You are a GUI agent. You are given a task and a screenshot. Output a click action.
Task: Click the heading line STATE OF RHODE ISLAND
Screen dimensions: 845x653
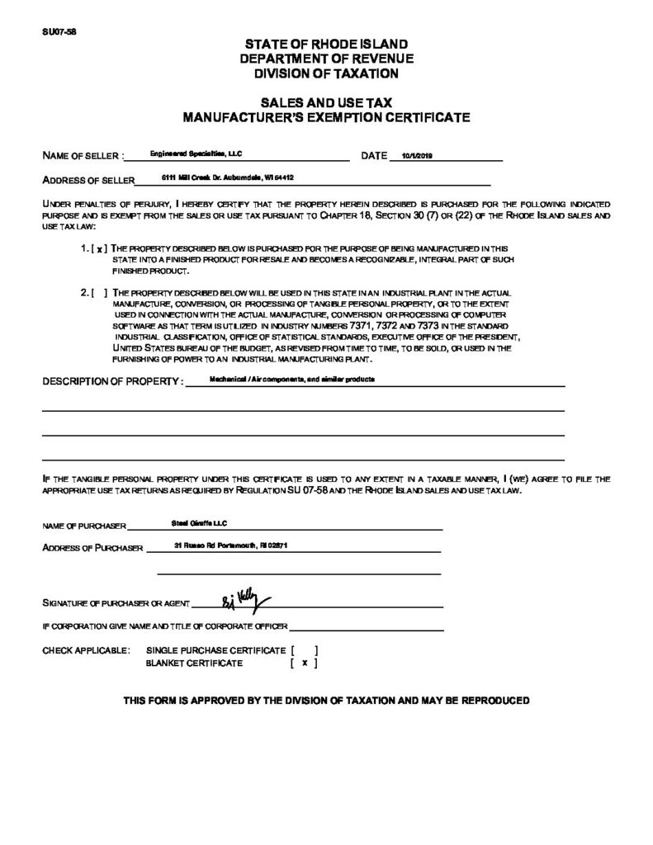click(326, 44)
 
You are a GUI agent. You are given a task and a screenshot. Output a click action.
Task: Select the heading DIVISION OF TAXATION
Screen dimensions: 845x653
click(326, 73)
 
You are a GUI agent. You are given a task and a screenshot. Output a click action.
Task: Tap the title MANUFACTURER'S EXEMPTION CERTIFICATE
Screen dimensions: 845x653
click(326, 117)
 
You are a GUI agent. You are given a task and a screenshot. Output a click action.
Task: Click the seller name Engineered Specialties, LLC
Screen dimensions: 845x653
click(195, 153)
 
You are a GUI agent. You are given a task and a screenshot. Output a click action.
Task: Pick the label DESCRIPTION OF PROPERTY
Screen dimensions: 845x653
click(112, 382)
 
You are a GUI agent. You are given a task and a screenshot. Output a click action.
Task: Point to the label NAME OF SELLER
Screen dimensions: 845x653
click(83, 156)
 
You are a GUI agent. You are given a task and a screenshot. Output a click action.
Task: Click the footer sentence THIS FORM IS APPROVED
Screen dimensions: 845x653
click(326, 701)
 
